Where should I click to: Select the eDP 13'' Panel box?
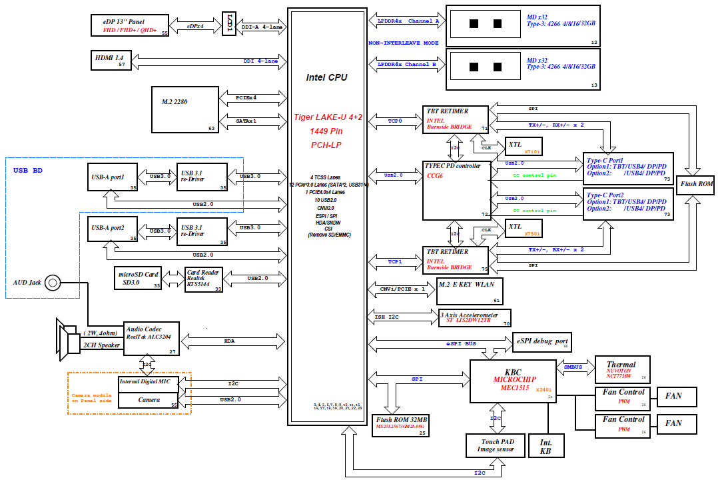(130, 26)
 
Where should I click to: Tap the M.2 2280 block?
(185, 109)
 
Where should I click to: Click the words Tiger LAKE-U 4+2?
(328, 117)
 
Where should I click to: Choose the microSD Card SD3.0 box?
(139, 278)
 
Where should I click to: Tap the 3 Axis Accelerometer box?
(474, 317)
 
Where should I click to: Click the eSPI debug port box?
(542, 342)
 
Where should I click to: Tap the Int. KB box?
(545, 447)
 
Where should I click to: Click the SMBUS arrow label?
(573, 367)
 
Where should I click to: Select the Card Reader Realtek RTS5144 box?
(204, 278)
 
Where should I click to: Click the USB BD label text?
(28, 170)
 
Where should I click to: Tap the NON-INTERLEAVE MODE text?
(403, 43)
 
